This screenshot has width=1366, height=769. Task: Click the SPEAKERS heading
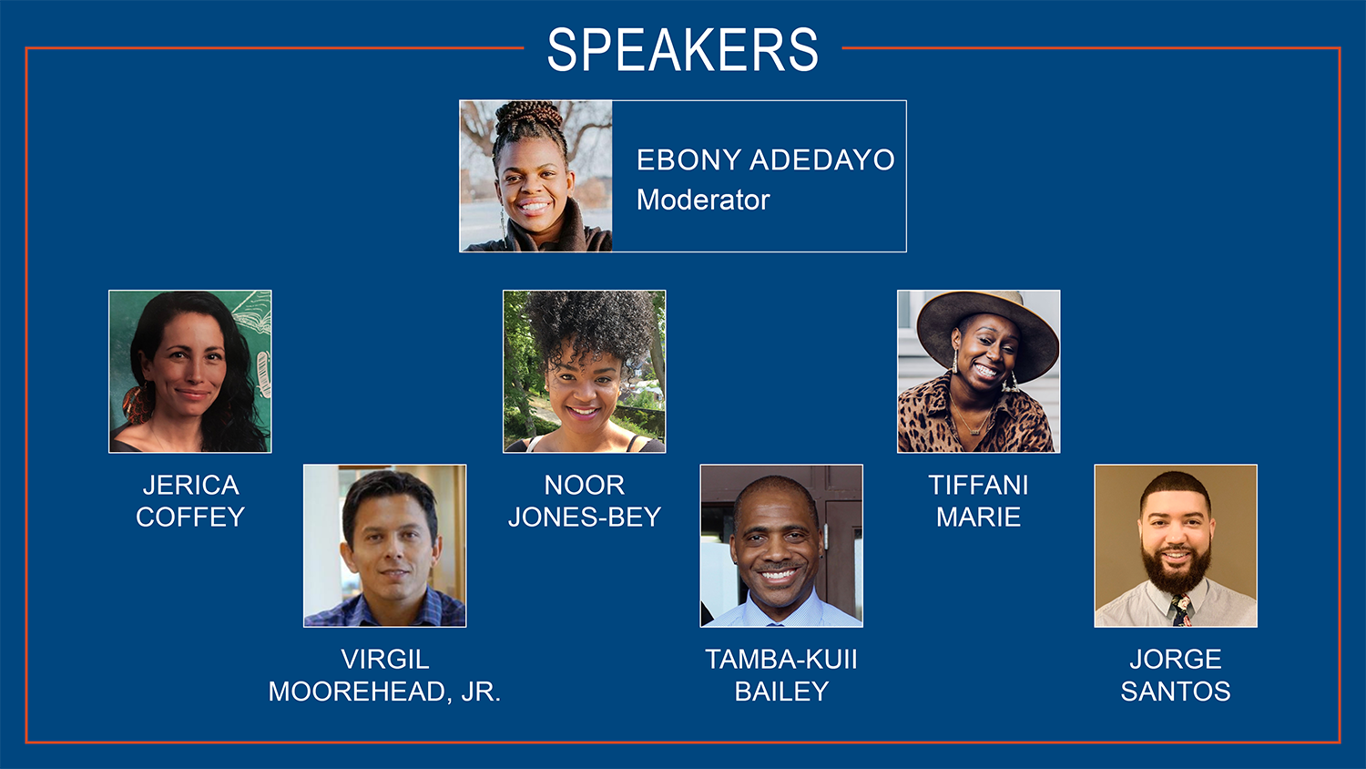pyautogui.click(x=682, y=49)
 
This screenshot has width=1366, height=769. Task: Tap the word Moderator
pyautogui.click(x=703, y=200)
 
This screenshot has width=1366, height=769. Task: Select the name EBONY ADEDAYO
pyautogui.click(x=765, y=159)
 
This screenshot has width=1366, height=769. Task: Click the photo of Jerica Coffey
pyautogui.click(x=190, y=372)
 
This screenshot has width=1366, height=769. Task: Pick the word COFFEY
pyautogui.click(x=190, y=518)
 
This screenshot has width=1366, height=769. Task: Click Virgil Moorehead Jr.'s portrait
pyautogui.click(x=385, y=546)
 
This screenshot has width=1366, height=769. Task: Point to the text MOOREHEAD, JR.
pyautogui.click(x=384, y=692)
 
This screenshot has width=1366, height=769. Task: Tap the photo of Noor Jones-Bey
pyautogui.click(x=585, y=372)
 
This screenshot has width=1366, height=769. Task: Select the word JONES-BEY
pyautogui.click(x=585, y=518)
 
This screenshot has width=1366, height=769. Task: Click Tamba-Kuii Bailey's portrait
pyautogui.click(x=781, y=546)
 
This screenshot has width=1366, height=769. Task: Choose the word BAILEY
pyautogui.click(x=781, y=692)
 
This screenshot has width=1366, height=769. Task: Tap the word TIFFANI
pyautogui.click(x=978, y=486)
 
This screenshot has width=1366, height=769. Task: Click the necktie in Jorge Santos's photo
pyautogui.click(x=1180, y=610)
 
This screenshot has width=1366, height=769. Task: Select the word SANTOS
pyautogui.click(x=1175, y=692)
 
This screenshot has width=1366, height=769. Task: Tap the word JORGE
pyautogui.click(x=1175, y=659)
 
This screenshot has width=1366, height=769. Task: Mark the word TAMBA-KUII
pyautogui.click(x=781, y=659)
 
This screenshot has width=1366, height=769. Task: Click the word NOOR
pyautogui.click(x=585, y=486)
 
